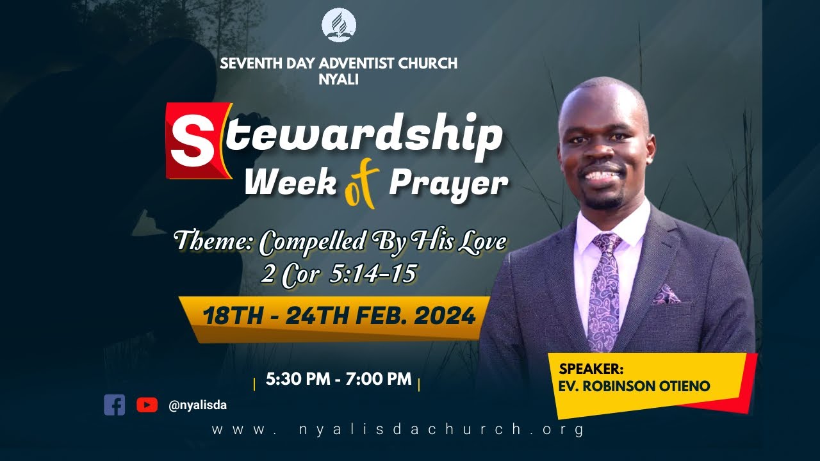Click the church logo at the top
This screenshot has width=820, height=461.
point(339,26)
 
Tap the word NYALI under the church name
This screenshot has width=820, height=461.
point(338,80)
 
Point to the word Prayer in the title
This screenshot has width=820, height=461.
point(448,184)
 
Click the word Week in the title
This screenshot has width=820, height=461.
point(291,184)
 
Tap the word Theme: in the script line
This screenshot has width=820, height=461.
point(214,242)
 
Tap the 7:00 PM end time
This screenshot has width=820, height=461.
point(378,379)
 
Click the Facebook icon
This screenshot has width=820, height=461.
point(115,405)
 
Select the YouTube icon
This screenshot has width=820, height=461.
point(147,405)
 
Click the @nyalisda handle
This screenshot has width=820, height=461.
point(197,405)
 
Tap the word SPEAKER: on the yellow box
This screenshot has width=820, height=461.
point(591,369)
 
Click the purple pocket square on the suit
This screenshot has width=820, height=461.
point(666,295)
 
